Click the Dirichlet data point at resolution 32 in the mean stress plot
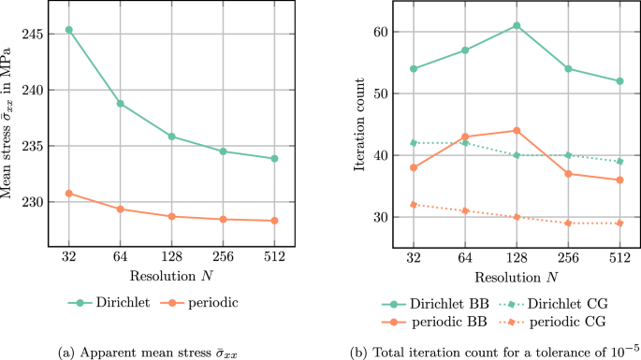pyautogui.click(x=68, y=30)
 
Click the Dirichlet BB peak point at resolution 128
pyautogui.click(x=517, y=25)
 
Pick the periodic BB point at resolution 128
pyautogui.click(x=517, y=131)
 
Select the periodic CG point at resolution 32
pyautogui.click(x=414, y=205)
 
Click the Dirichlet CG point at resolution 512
pyautogui.click(x=619, y=162)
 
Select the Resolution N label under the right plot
pyautogui.click(x=517, y=278)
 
